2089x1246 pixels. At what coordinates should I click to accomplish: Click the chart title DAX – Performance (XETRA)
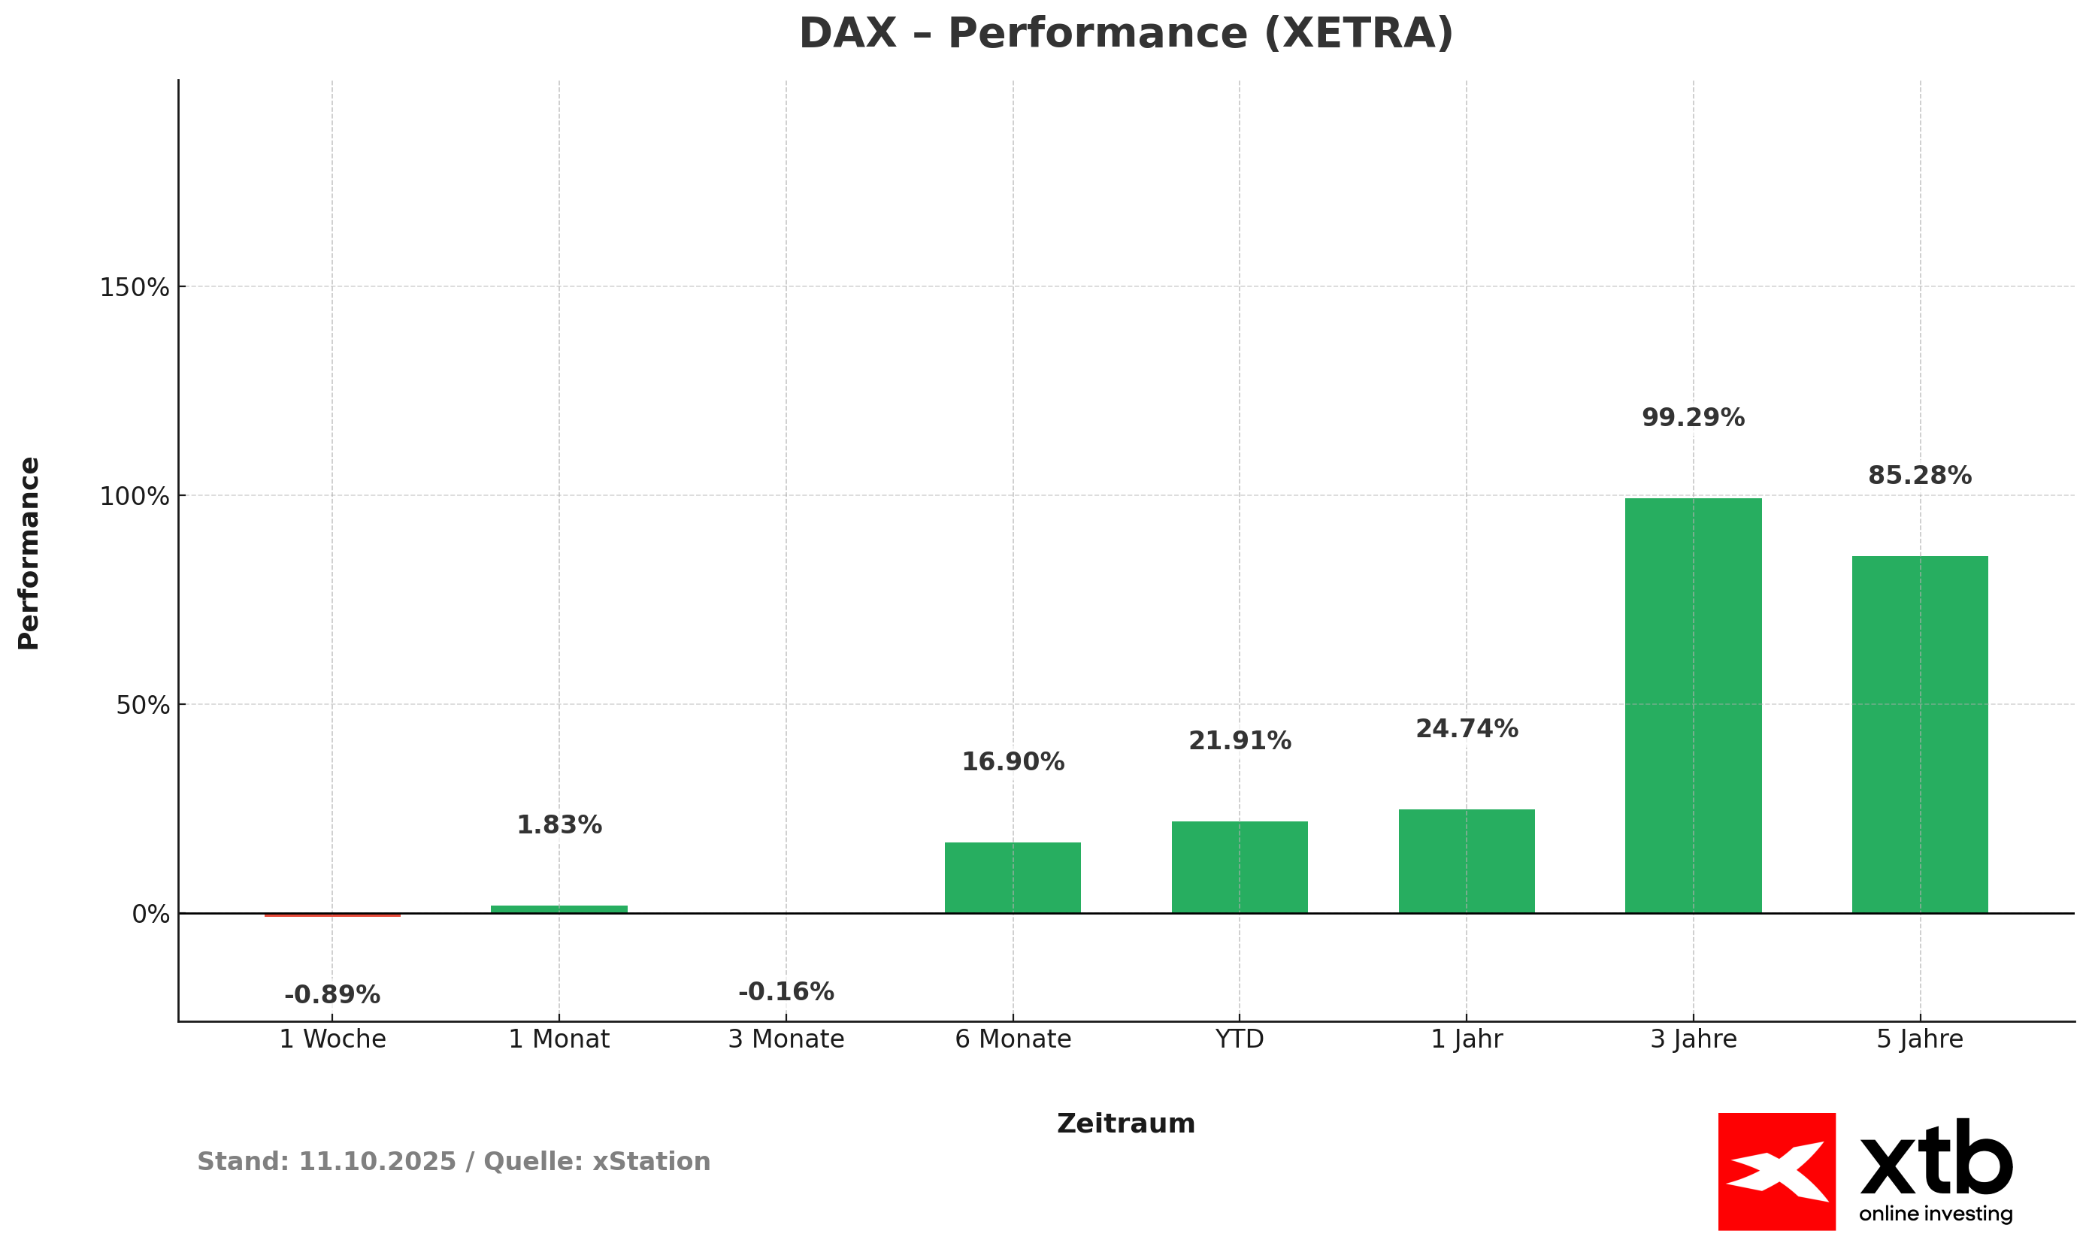(x=1125, y=35)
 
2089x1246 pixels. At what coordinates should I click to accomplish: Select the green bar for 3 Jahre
(x=1693, y=705)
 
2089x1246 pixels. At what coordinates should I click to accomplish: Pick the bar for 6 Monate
(x=1013, y=878)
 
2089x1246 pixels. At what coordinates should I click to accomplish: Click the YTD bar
(x=1240, y=866)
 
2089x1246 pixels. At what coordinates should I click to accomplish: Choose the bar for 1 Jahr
(x=1466, y=860)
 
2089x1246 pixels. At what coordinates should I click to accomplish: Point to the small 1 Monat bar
(x=559, y=909)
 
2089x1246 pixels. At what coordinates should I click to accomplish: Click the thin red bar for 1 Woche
(x=332, y=915)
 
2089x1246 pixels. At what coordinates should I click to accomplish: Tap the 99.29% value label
(x=1693, y=417)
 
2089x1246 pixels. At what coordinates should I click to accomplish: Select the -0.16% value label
(x=786, y=991)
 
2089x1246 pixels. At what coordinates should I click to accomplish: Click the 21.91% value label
(x=1240, y=740)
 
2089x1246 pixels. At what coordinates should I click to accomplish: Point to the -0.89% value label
(x=332, y=995)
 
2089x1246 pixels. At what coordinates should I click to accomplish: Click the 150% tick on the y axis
(x=135, y=288)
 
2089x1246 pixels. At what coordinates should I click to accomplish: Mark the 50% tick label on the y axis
(x=143, y=705)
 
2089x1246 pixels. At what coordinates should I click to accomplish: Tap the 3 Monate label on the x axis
(x=786, y=1039)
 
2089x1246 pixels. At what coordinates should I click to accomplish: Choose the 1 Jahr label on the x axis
(x=1466, y=1039)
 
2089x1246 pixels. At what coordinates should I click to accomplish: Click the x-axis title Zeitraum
(x=1125, y=1124)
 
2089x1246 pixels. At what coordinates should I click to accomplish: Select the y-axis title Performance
(x=29, y=553)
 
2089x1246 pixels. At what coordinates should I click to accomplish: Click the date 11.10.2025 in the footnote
(x=377, y=1162)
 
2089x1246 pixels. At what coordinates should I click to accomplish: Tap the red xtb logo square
(x=1776, y=1172)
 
